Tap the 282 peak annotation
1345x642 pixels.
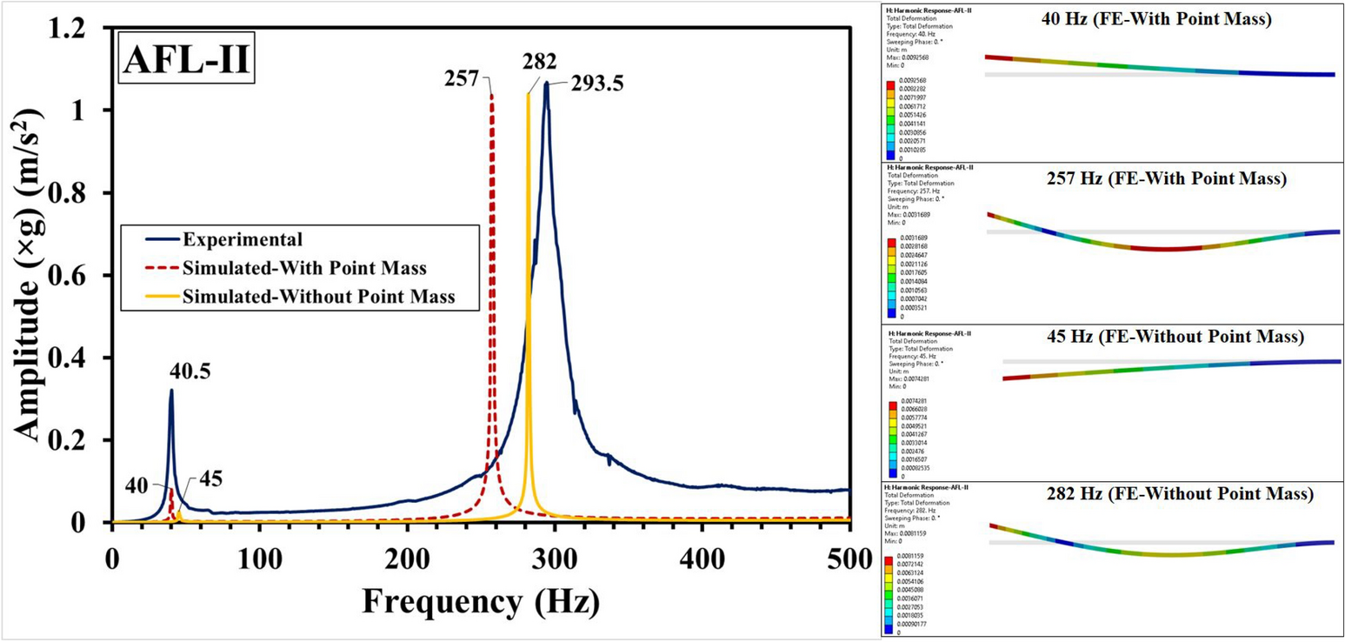click(x=540, y=59)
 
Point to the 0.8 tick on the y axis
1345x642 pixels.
click(x=83, y=193)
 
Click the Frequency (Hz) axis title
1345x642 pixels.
click(x=480, y=601)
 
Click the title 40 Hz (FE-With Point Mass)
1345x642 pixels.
click(x=1156, y=20)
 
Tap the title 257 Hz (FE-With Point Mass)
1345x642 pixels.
click(x=1161, y=179)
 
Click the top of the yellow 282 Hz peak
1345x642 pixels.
click(x=528, y=94)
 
